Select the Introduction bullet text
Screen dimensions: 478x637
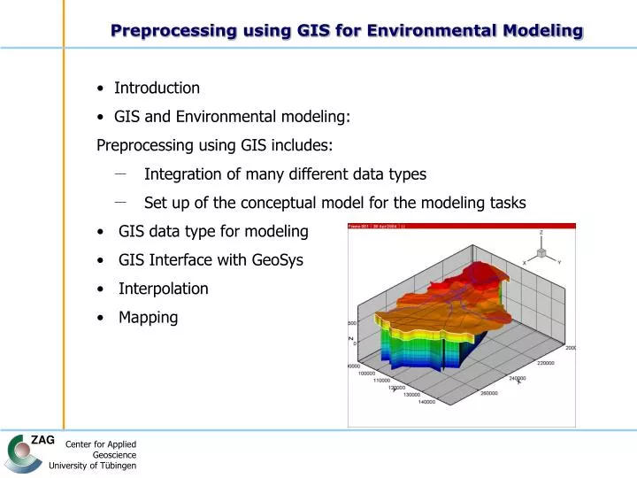[157, 88]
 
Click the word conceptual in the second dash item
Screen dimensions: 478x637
[280, 203]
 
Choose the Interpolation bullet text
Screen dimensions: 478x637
[164, 289]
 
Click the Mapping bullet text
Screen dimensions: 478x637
[148, 317]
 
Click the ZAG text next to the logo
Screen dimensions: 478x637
[42, 441]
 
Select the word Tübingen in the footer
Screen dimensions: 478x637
[116, 466]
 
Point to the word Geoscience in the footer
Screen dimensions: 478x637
[114, 455]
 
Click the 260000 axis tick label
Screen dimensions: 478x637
[488, 393]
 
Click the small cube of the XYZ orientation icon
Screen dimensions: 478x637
[541, 252]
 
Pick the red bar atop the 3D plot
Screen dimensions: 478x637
[461, 227]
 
